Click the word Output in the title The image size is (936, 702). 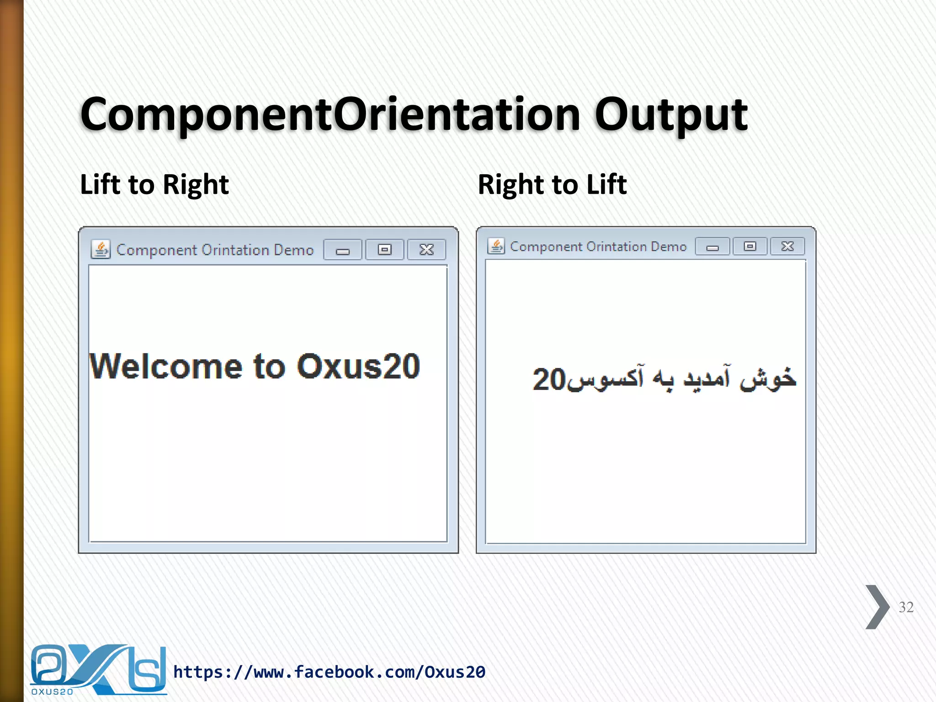670,114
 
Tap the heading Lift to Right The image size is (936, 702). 154,185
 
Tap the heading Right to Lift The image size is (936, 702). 552,185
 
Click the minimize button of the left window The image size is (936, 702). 343,250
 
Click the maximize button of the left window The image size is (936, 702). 384,250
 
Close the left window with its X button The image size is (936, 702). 426,250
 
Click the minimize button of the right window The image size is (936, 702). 712,247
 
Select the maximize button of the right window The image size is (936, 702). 750,246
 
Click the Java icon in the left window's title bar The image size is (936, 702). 101,250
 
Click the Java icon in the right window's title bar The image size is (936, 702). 496,246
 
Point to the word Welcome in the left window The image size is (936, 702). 165,367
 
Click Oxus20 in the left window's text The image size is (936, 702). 358,367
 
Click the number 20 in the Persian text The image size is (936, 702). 549,379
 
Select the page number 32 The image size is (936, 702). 906,607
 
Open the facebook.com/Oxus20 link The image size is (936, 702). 329,672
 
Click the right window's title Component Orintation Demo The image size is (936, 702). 598,247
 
